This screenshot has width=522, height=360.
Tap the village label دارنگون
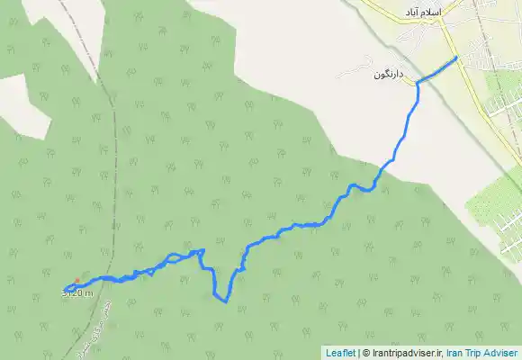point(391,74)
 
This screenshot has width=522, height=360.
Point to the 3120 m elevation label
point(77,292)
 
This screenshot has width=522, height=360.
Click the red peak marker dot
point(77,280)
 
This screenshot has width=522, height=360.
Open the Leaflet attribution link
point(340,353)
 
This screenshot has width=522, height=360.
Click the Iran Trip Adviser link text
point(482,353)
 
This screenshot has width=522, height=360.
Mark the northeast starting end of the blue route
point(457,58)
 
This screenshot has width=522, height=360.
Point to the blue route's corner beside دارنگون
point(418,84)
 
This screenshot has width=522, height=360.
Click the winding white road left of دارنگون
point(356,64)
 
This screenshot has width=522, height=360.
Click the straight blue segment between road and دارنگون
point(437,70)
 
